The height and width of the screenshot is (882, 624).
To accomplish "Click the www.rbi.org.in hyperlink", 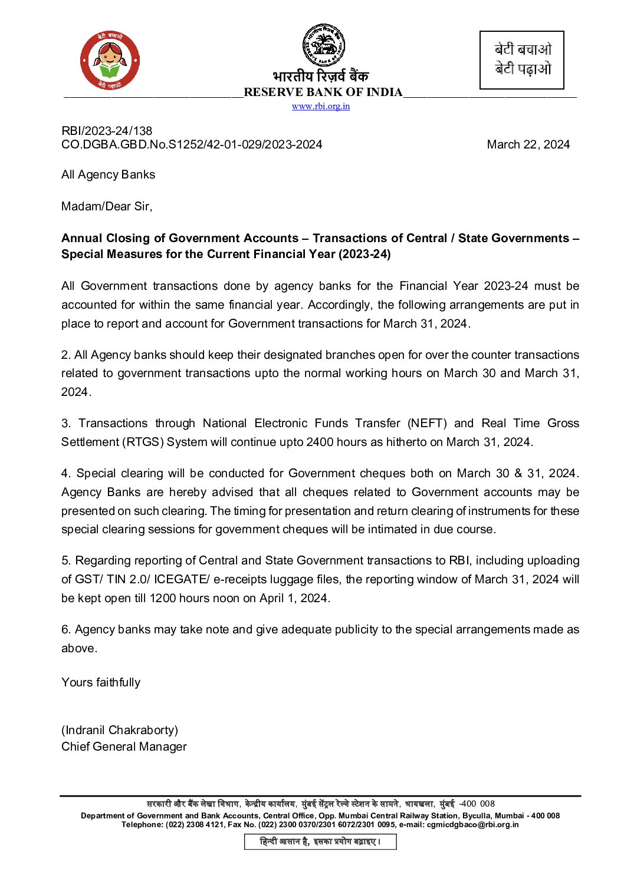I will [321, 107].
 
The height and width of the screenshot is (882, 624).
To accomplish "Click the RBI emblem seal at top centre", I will [324, 45].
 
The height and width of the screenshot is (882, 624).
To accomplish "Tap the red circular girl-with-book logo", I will [110, 61].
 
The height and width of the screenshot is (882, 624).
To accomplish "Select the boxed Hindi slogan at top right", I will [522, 60].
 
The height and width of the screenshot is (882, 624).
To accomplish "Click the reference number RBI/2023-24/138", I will [107, 131].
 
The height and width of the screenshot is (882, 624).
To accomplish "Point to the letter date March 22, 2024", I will [528, 145].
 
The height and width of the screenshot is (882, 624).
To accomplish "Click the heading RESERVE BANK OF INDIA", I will [323, 93].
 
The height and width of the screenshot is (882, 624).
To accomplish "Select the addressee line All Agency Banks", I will [108, 175].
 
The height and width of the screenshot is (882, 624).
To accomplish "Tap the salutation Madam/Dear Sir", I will [107, 206].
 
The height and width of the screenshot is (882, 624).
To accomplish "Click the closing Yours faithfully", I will [101, 683].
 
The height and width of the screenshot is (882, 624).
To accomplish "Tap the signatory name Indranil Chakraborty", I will [120, 731].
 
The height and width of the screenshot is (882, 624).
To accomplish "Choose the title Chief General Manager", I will [124, 747].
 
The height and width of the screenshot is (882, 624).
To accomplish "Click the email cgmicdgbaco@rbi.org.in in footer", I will [472, 825].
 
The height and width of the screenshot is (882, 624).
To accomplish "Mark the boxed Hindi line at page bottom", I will [320, 842].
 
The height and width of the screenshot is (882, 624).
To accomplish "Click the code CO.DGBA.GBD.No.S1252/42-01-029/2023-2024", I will [192, 145].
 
